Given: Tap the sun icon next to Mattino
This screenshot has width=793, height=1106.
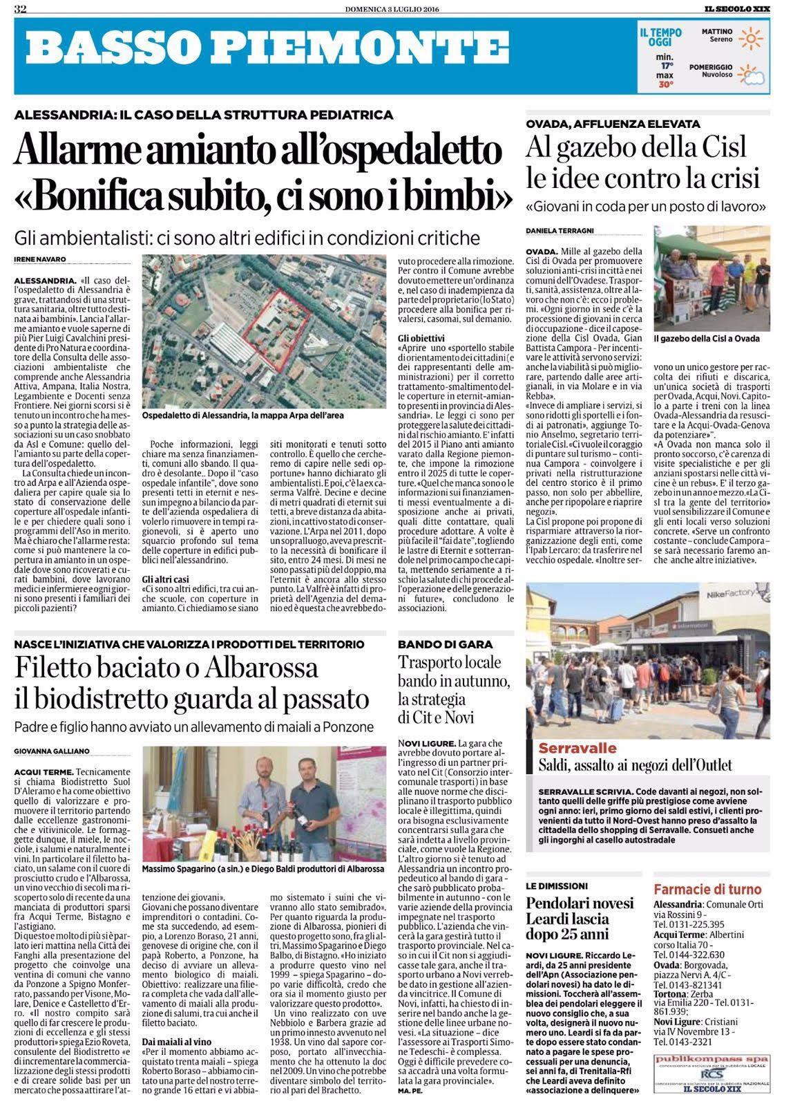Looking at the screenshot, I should pyautogui.click(x=749, y=39).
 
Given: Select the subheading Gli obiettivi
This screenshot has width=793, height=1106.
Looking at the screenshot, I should pyautogui.click(x=422, y=337).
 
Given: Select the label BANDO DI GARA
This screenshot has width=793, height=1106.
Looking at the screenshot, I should pyautogui.click(x=434, y=644).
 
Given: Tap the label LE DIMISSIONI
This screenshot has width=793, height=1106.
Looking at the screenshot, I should pyautogui.click(x=557, y=885).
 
